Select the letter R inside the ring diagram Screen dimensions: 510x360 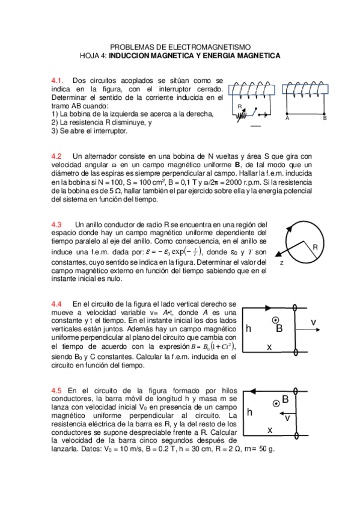[x=314, y=247]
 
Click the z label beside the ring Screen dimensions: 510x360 [x=281, y=263]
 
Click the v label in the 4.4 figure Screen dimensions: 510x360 [x=314, y=322]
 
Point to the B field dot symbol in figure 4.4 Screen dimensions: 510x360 [x=276, y=320]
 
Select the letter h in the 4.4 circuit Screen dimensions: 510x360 [x=248, y=329]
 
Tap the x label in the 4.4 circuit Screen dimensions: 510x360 [x=269, y=347]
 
